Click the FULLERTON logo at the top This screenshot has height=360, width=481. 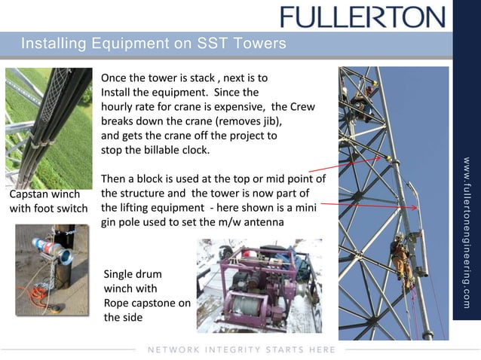[x=363, y=17]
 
